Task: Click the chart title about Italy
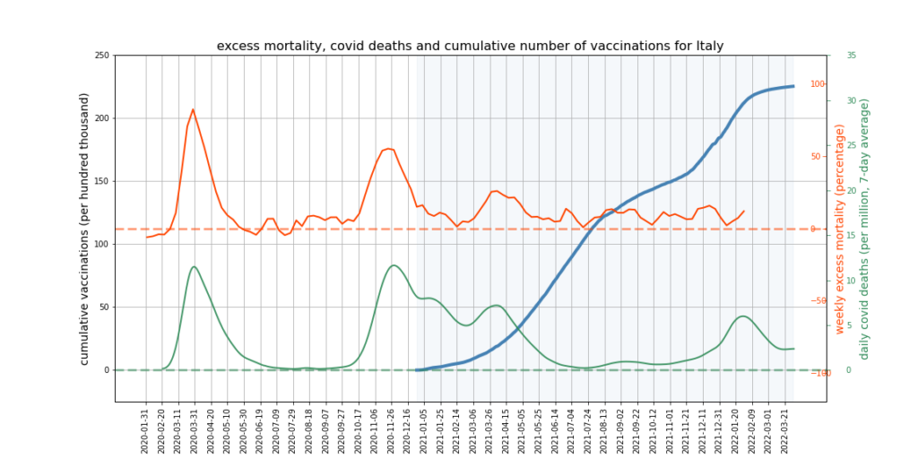click(470, 46)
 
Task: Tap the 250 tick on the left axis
click(101, 56)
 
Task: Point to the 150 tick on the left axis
click(101, 181)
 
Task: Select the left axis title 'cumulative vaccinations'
click(85, 228)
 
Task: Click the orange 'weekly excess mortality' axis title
click(840, 229)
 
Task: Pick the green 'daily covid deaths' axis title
click(864, 229)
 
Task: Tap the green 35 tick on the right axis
click(851, 56)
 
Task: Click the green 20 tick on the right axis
click(851, 190)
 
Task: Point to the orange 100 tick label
click(818, 84)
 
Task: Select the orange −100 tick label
click(817, 373)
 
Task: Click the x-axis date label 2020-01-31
click(145, 429)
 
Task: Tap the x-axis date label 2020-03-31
click(195, 429)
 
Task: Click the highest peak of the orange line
click(193, 109)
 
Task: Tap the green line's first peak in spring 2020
click(194, 266)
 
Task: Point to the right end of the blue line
click(793, 86)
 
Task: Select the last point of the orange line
click(743, 212)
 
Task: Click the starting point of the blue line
click(416, 369)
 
